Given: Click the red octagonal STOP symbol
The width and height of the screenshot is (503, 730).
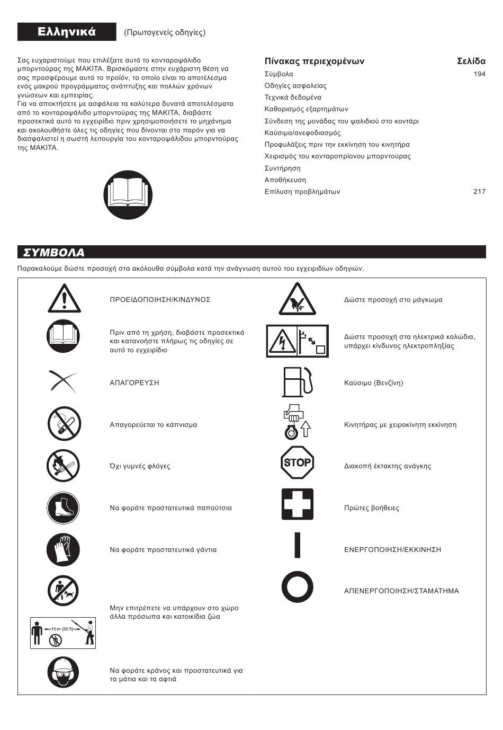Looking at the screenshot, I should click(297, 462).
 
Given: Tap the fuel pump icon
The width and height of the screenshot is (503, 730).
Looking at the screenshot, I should click(297, 382).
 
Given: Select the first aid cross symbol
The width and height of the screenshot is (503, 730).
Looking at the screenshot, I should click(297, 504).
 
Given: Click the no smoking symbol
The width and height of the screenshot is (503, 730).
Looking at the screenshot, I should click(64, 424).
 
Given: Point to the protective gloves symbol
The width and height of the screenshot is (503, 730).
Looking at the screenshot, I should click(63, 550).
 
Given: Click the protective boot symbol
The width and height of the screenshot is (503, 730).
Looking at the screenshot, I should click(63, 508).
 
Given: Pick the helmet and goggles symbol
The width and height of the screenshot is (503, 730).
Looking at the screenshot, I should click(63, 672).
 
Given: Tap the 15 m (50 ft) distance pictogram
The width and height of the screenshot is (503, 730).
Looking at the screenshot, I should click(63, 633).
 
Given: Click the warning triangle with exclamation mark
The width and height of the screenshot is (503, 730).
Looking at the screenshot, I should click(64, 298).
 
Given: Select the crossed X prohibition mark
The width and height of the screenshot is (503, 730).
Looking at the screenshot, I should click(62, 382).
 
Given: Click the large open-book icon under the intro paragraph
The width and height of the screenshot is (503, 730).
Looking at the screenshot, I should click(128, 195).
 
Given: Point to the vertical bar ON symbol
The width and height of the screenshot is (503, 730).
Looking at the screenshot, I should click(297, 545).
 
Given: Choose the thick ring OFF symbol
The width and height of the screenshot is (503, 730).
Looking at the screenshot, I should click(297, 587).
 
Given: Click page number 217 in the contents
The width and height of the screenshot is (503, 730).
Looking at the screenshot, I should click(479, 192).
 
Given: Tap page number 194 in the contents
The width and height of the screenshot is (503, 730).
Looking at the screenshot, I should click(479, 74).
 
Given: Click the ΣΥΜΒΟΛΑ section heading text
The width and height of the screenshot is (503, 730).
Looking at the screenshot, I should click(51, 252).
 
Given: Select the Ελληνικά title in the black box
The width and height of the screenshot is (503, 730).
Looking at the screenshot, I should click(67, 32).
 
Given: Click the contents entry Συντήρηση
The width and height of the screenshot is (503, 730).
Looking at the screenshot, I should click(282, 168).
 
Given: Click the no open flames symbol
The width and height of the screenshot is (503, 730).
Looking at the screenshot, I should click(63, 466).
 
